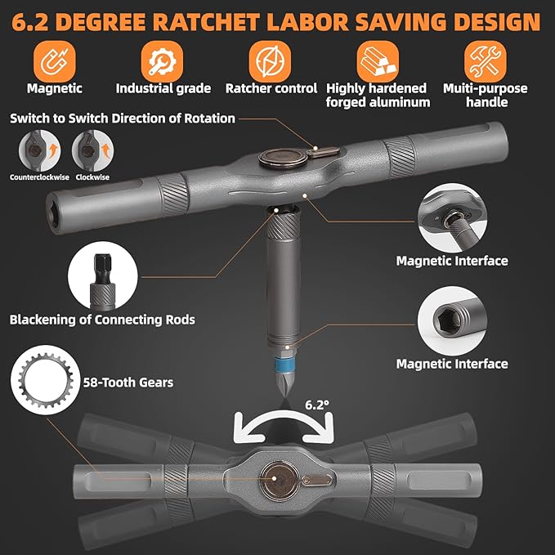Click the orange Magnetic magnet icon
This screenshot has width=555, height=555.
point(55,61)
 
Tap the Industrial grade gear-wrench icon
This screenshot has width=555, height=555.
point(162,61)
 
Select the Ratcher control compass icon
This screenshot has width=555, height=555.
point(270,61)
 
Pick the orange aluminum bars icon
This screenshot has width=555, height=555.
point(378,61)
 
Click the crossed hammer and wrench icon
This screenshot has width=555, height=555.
point(486,61)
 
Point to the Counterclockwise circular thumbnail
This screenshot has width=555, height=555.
point(39,150)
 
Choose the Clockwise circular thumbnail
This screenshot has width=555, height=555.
point(92,150)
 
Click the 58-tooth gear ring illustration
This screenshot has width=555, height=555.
point(46,381)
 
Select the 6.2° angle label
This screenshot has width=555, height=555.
point(317,405)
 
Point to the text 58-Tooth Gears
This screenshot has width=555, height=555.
point(128,383)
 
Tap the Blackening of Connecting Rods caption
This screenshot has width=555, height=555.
point(102,320)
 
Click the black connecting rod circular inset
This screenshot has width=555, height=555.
point(103,276)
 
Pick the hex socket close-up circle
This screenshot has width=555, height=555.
point(452,320)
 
